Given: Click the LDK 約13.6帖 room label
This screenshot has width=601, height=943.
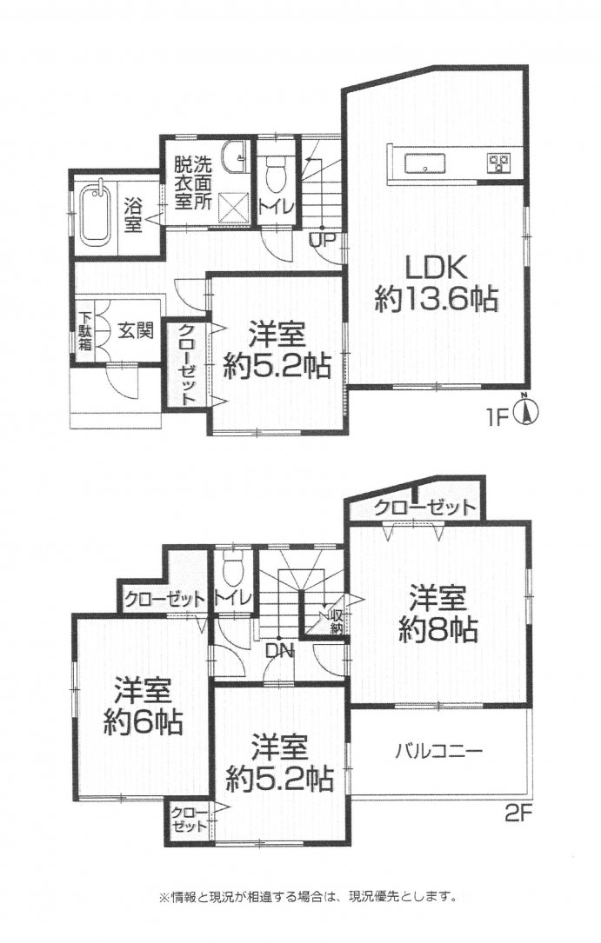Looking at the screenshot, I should (436, 283).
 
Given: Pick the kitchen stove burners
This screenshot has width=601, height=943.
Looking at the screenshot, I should (499, 162).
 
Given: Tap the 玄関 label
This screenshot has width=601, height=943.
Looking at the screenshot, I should (136, 330).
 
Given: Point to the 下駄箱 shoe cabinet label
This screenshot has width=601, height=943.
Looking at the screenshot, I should (85, 331).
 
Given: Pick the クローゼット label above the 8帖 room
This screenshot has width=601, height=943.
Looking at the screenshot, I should (424, 507).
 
